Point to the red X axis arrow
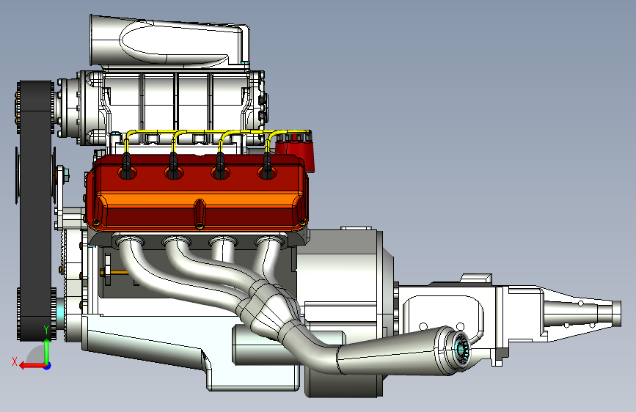pyautogui.click(x=32, y=366)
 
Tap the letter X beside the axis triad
pyautogui.click(x=15, y=361)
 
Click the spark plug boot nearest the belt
pyautogui.click(x=127, y=165)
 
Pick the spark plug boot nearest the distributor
pyautogui.click(x=266, y=165)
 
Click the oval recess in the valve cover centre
pyautogui.click(x=199, y=213)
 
